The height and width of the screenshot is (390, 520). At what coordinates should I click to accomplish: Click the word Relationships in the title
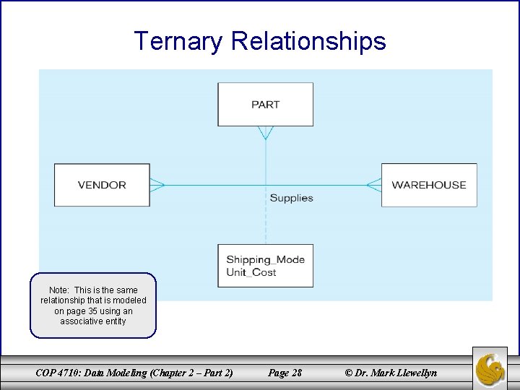click(308, 41)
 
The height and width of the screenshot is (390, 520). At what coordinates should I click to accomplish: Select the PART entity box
click(266, 105)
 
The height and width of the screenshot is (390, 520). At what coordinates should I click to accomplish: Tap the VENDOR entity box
click(102, 186)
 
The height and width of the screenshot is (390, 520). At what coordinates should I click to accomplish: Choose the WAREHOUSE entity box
click(429, 186)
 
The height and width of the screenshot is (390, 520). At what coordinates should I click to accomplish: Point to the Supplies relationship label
click(291, 198)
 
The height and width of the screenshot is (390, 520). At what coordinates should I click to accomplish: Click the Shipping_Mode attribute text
click(265, 260)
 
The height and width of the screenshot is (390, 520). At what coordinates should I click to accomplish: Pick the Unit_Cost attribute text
click(251, 272)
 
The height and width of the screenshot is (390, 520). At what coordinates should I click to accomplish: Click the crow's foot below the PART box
click(266, 132)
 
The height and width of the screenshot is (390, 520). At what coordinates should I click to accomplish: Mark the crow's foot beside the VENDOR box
click(157, 186)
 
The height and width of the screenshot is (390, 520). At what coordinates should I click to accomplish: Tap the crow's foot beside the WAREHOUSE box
click(373, 186)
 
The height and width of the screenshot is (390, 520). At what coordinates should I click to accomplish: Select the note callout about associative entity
click(93, 305)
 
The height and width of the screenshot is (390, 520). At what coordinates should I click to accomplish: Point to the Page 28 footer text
click(285, 373)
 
